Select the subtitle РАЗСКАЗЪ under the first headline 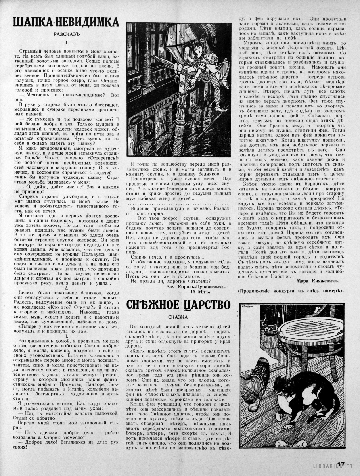pos(66,35)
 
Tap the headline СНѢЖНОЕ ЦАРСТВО pos(178,305)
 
